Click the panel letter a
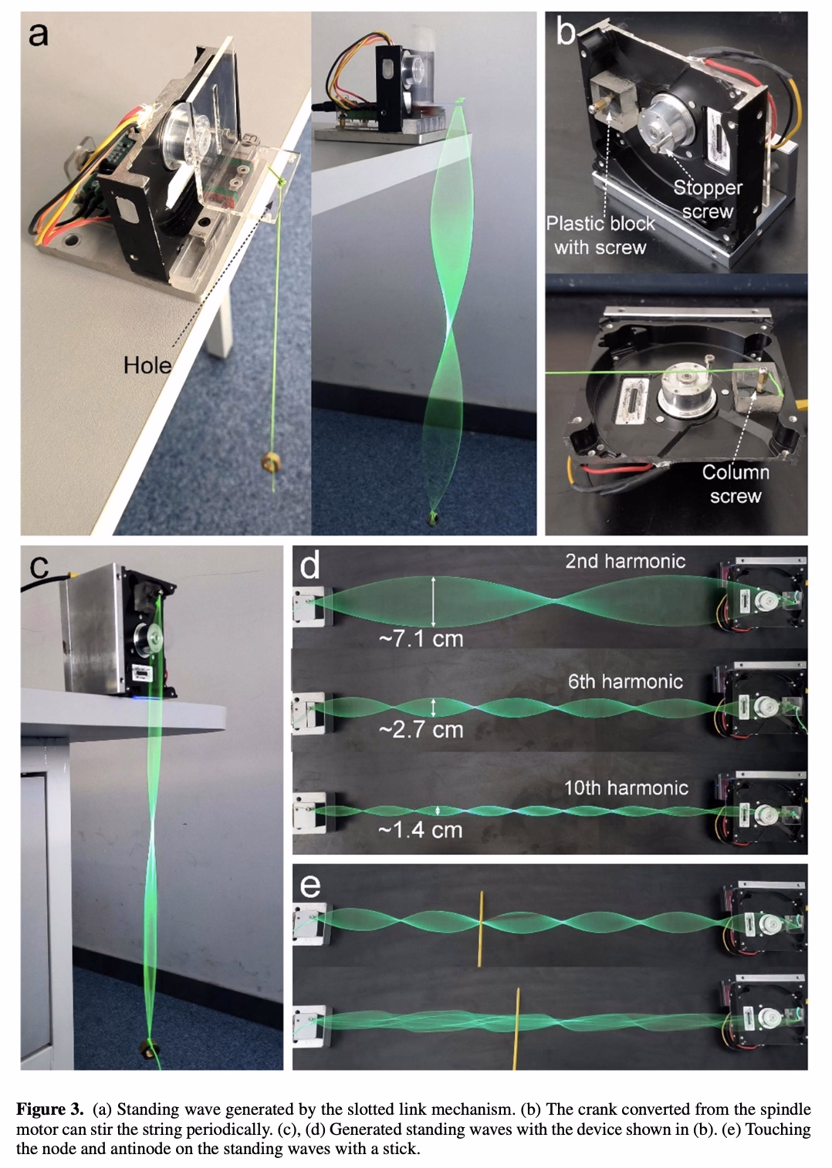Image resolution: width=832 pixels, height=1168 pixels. [39, 34]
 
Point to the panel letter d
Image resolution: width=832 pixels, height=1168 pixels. [309, 567]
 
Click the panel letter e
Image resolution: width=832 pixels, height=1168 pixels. [309, 886]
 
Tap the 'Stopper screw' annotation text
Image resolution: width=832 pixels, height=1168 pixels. [707, 199]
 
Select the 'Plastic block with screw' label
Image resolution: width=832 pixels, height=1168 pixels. [600, 235]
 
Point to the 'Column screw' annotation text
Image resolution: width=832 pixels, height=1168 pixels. [735, 484]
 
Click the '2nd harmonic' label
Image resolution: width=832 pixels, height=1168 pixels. [624, 561]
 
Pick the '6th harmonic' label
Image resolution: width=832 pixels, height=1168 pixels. [624, 681]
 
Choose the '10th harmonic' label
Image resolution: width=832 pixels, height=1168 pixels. [625, 788]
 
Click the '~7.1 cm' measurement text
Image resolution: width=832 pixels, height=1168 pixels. [421, 639]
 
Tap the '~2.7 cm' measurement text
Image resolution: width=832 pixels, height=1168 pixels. [421, 730]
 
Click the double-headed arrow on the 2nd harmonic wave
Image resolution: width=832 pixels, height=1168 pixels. [434, 601]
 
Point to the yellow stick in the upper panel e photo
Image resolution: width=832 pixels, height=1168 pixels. [480, 929]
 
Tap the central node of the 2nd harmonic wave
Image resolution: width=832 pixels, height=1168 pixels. [553, 600]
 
